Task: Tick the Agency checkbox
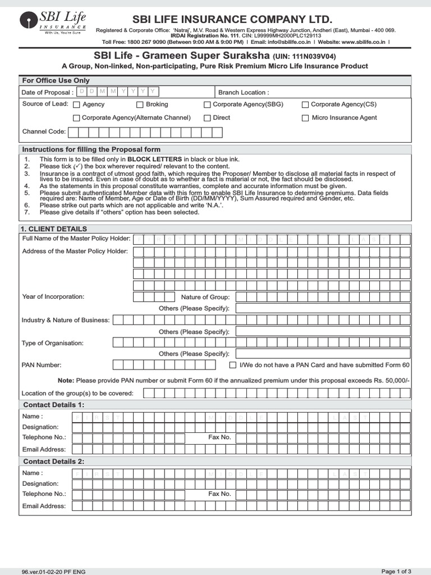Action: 77,104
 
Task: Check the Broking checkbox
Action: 140,104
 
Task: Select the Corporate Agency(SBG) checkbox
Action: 207,104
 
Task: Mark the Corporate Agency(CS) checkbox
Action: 305,104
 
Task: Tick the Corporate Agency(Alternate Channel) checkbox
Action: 76,118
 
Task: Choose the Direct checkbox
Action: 207,118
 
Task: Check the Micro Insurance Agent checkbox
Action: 305,118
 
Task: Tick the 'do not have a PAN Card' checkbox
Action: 233,365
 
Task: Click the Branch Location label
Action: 243,92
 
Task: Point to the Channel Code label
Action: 44,131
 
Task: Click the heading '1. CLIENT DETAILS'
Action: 54,229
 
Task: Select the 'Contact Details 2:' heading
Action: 54,462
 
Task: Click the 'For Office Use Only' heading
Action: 55,81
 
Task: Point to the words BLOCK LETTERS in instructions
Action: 154,159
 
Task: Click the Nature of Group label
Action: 205,297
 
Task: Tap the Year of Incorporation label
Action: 53,296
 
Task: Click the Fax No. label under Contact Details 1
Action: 219,437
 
